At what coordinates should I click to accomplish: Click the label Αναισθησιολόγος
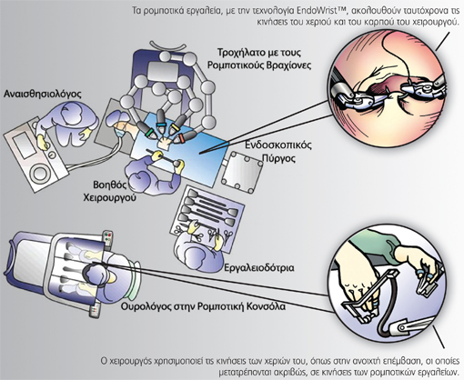click(43, 95)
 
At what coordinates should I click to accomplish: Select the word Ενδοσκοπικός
click(278, 145)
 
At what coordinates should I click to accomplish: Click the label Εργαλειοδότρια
click(259, 268)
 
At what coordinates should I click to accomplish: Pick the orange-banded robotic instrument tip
click(183, 137)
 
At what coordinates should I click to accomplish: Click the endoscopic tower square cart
click(242, 172)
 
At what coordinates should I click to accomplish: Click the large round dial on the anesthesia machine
click(40, 174)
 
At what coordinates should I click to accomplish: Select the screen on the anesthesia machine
click(23, 145)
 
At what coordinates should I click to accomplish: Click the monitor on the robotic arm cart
click(162, 72)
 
